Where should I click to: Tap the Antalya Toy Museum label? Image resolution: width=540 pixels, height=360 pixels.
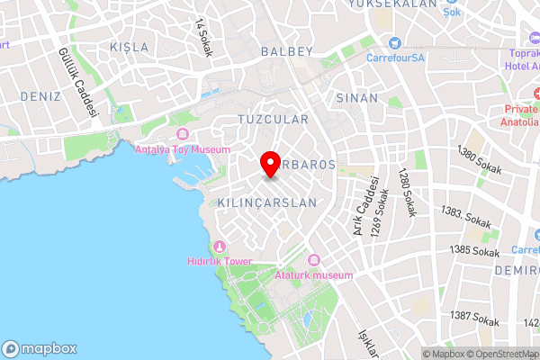click(x=183, y=149)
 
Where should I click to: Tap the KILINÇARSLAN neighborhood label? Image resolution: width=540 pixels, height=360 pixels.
click(x=267, y=203)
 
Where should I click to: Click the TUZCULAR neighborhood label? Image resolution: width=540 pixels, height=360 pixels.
click(x=273, y=119)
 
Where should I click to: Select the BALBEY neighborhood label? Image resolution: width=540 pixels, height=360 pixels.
click(x=287, y=52)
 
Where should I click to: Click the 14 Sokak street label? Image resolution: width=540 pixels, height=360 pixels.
click(x=202, y=38)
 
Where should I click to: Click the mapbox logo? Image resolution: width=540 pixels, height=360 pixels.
click(x=40, y=348)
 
